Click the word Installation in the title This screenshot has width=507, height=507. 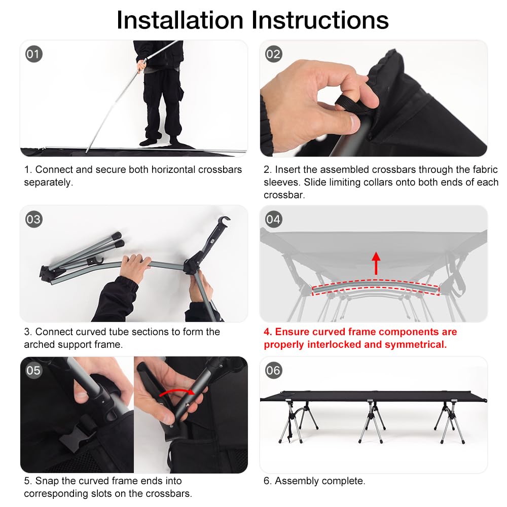point(180,20)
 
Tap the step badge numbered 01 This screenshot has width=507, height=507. point(33,54)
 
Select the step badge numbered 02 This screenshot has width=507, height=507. point(273,54)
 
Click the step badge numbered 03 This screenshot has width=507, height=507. point(33,219)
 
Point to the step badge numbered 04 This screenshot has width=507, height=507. point(273,219)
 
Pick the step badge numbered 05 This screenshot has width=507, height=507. point(33,370)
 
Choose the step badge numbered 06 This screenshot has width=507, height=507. point(273,370)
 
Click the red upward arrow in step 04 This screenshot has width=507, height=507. point(376,263)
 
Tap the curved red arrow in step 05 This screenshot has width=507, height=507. point(177,391)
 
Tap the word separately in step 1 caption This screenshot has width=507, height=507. point(49,183)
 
